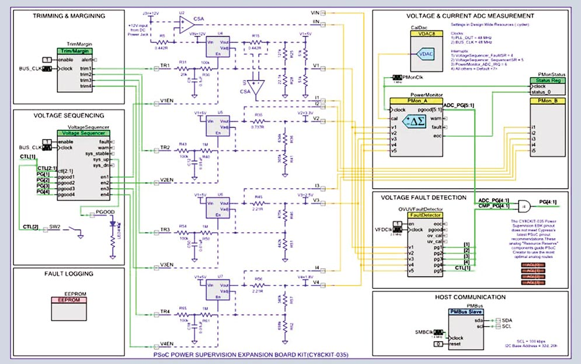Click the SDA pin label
click(507, 320)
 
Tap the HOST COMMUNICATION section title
click(470, 297)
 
